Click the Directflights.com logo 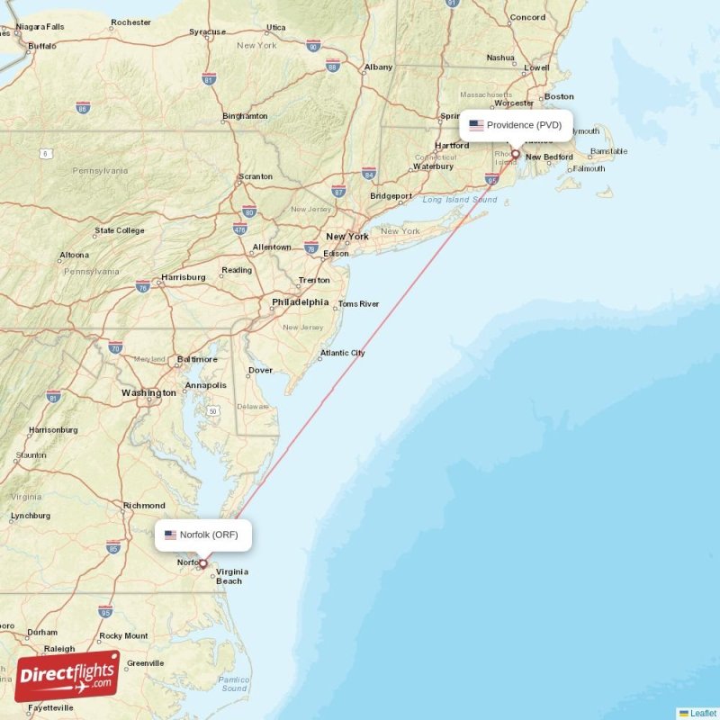coord(67,676)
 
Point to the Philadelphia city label coord(300,302)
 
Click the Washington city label coord(149,393)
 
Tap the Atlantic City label coord(343,353)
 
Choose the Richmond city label coord(144,506)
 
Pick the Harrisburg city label coord(183,277)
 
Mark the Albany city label coord(378,67)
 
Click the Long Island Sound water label coord(459,200)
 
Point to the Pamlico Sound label coord(234,684)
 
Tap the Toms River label coord(359,304)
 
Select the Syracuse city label coord(207,32)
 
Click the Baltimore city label coord(197,359)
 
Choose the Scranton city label coord(256,176)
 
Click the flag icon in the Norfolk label coord(171,535)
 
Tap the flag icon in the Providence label coord(476,125)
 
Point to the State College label coord(119,230)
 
